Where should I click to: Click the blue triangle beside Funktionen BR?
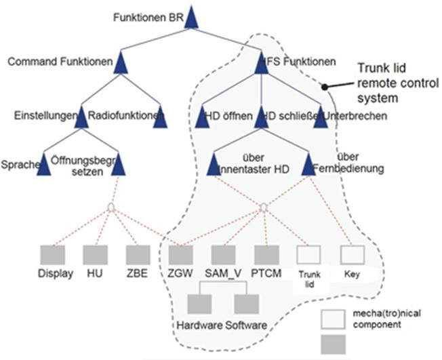[x=191, y=18]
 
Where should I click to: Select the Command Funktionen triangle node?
[x=122, y=64]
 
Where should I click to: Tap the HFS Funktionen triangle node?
[x=264, y=64]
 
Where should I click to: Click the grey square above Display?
[x=52, y=255]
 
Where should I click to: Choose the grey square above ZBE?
[x=137, y=255]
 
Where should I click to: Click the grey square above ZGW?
[x=180, y=255]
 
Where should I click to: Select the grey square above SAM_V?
[x=223, y=255]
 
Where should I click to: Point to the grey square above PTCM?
[x=266, y=255]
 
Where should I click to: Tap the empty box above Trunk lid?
[x=308, y=255]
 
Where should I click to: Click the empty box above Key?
[x=351, y=255]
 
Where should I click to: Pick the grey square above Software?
[x=245, y=303]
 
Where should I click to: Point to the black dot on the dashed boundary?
[x=325, y=87]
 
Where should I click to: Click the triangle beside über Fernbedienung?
[x=308, y=165]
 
